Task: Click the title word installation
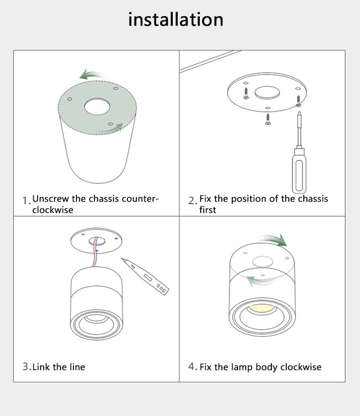click(x=175, y=19)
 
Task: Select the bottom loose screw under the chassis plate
click(x=268, y=119)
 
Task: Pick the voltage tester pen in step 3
click(x=145, y=276)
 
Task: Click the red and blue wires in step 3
click(x=95, y=252)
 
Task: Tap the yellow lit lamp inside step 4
click(x=261, y=308)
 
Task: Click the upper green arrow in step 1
click(x=91, y=75)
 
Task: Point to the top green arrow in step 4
click(x=273, y=240)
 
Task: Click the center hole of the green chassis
click(x=97, y=106)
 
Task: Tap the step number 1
click(x=26, y=201)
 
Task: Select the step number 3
click(x=26, y=366)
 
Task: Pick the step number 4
click(x=192, y=366)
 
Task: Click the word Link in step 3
click(x=41, y=367)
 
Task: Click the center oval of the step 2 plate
click(x=267, y=93)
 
